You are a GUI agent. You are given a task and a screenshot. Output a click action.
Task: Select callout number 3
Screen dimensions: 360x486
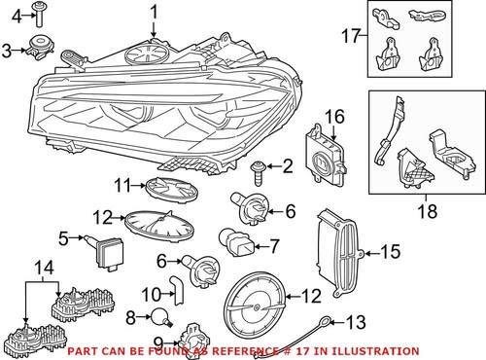click(x=8, y=49)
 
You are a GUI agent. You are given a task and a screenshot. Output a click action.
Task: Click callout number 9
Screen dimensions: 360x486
click(x=159, y=341)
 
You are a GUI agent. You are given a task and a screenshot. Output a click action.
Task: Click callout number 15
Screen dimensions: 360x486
click(x=389, y=253)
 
